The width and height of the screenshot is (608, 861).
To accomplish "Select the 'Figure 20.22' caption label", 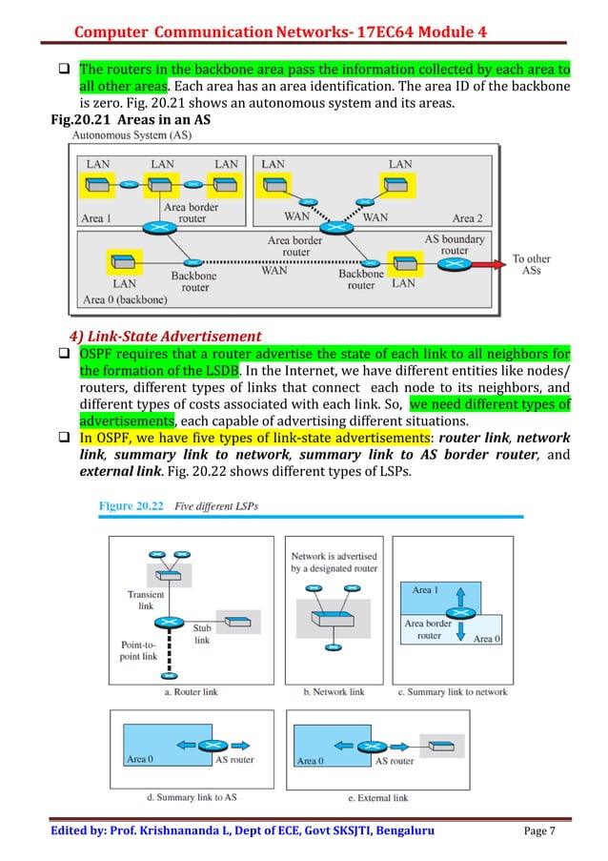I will coord(134,505).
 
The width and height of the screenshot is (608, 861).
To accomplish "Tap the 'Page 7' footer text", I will coord(547,830).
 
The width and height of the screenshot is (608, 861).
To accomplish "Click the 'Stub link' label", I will coord(202,634).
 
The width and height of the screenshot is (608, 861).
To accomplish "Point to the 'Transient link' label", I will coord(146,599).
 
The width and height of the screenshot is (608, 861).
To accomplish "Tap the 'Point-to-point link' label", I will coord(138,650).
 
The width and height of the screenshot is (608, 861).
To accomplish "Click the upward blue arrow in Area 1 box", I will coord(461,598).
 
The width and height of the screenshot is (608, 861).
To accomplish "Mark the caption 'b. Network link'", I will coord(334,691).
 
